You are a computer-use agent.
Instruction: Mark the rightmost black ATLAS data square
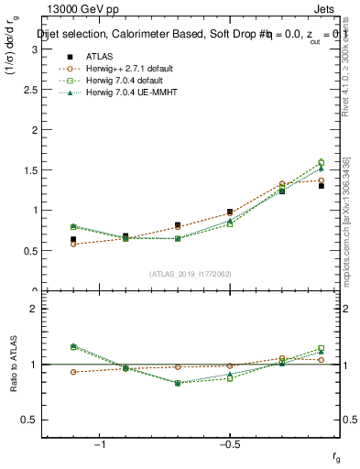tap(321, 185)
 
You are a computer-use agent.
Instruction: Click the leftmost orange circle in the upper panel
tap(73, 244)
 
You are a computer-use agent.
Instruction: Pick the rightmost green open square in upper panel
tap(321, 162)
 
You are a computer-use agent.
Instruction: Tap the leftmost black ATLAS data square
tap(73, 239)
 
